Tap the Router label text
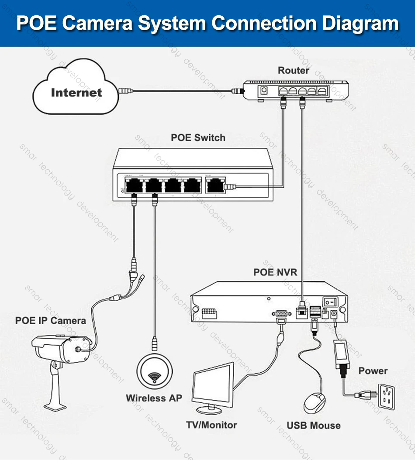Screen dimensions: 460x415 coord(293,70)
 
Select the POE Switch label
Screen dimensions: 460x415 coord(198,138)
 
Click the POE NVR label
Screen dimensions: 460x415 coord(275,272)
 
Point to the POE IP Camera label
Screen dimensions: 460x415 coord(51,321)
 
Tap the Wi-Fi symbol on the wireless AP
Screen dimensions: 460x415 coord(154,376)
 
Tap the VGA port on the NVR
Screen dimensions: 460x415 coord(280,313)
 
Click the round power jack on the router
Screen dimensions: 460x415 coord(264,91)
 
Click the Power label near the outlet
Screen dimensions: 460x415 coord(373,371)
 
